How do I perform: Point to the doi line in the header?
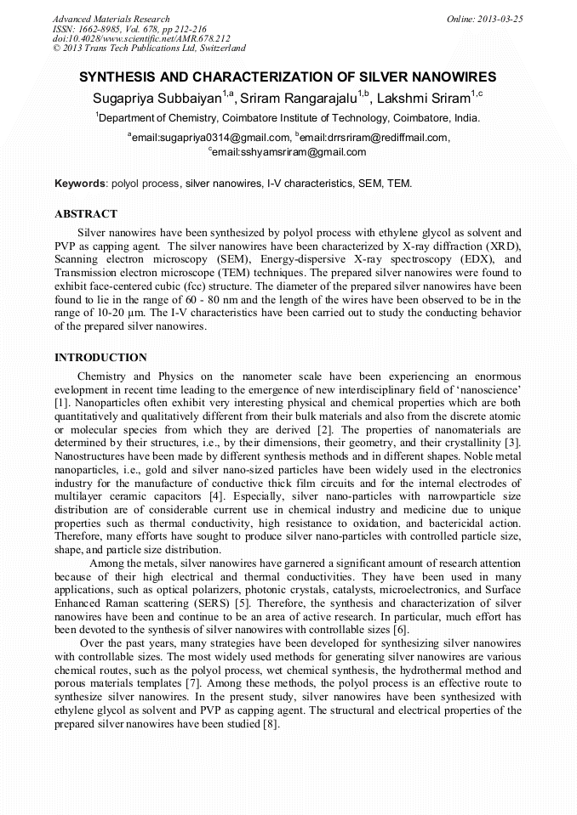point(141,39)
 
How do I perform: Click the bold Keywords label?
point(81,184)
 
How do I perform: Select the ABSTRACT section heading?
point(86,214)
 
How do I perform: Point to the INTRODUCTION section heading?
point(100,358)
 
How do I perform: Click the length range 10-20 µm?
point(116,313)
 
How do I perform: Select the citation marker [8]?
point(271,724)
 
